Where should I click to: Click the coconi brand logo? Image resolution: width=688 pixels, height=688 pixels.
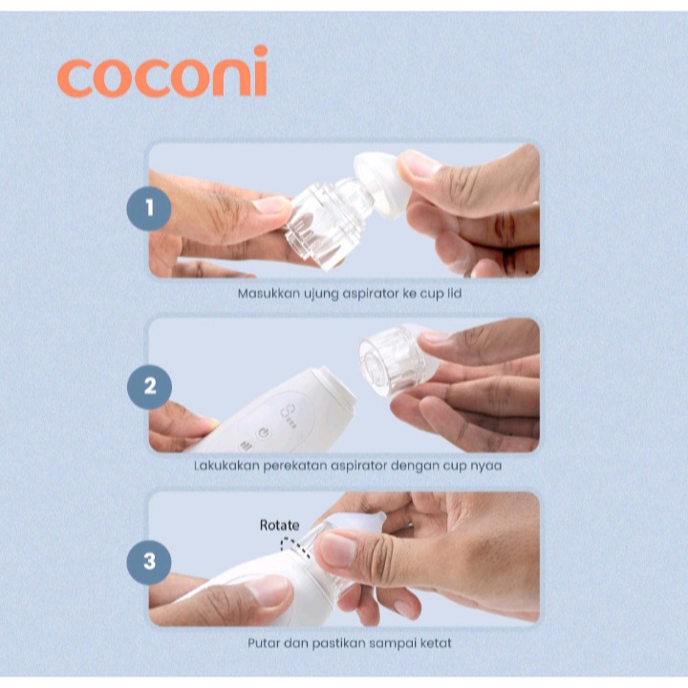[162, 72]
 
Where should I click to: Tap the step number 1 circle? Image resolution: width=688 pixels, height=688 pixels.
[149, 208]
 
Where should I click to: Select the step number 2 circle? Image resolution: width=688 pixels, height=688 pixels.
[149, 387]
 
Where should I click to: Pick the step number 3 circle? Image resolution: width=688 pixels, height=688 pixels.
[149, 562]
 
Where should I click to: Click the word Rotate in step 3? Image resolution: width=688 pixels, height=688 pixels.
[279, 526]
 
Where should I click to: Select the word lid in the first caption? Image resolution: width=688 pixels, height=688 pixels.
[454, 293]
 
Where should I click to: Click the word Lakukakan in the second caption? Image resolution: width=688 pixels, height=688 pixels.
[226, 465]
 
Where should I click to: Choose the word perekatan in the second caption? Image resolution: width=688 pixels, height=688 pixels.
[294, 466]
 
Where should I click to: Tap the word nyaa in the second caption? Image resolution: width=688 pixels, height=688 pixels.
[486, 466]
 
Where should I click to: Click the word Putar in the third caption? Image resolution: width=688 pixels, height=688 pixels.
[264, 643]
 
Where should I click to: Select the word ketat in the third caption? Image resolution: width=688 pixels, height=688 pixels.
[436, 643]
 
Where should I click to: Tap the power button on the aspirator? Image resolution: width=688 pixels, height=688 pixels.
[263, 434]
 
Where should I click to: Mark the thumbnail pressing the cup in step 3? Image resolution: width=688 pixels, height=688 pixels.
[336, 549]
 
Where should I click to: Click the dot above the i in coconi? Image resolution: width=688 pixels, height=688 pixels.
[261, 51]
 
